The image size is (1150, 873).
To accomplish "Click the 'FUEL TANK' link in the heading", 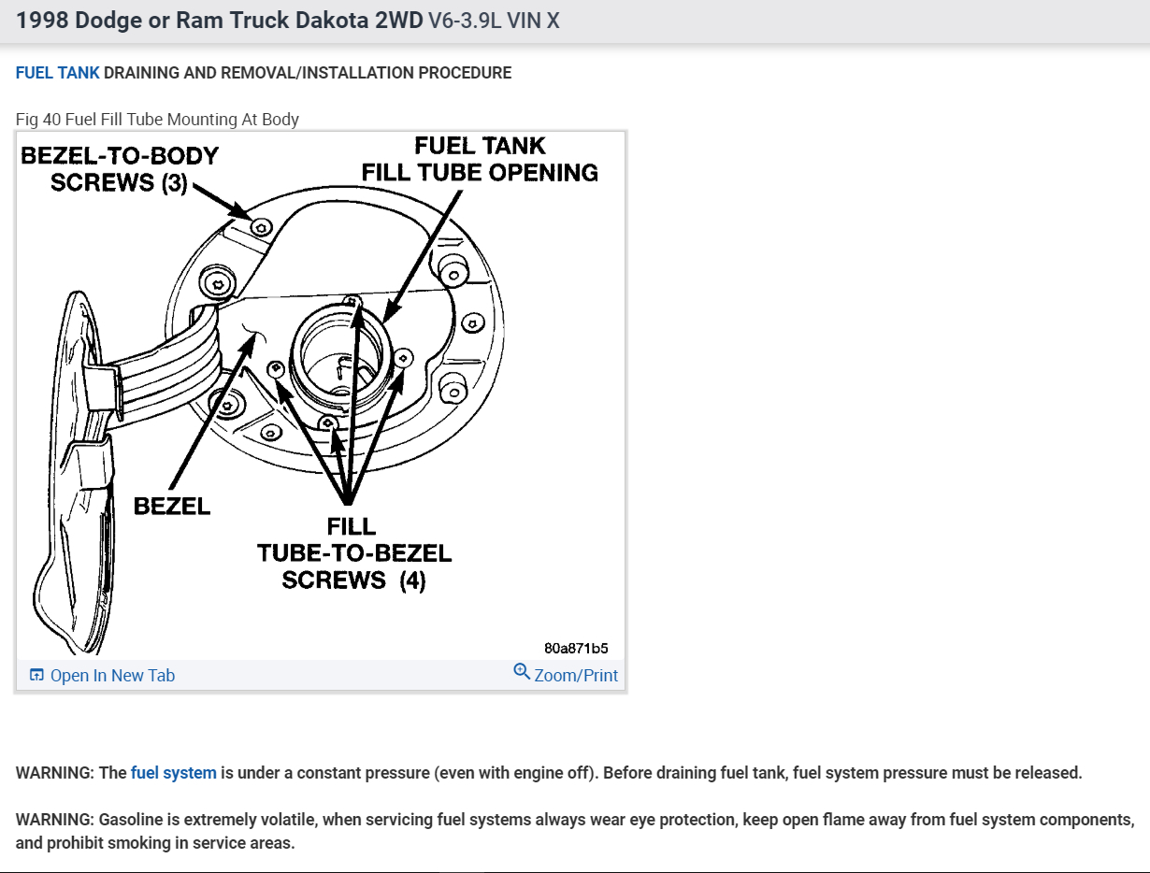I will pyautogui.click(x=57, y=73).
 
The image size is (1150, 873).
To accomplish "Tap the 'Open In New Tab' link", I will pyautogui.click(x=112, y=676).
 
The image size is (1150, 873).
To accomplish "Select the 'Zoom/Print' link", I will pyautogui.click(x=576, y=675).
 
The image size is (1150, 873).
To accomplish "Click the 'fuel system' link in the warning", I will pyautogui.click(x=173, y=773).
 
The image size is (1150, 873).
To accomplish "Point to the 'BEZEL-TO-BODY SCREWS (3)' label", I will pyautogui.click(x=120, y=169).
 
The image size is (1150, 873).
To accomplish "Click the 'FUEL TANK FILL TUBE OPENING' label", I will pyautogui.click(x=480, y=160).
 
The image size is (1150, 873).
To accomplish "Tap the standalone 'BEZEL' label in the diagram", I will pyautogui.click(x=172, y=507).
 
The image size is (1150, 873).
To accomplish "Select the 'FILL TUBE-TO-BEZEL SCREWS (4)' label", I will pyautogui.click(x=354, y=553).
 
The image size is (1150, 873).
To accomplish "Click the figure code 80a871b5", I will pyautogui.click(x=577, y=648).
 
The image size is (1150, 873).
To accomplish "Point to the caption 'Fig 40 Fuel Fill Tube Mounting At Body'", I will pyautogui.click(x=157, y=120).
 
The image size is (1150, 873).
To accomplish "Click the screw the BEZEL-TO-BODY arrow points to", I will pyautogui.click(x=262, y=226).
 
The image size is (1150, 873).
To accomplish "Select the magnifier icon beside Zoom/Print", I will pyautogui.click(x=522, y=672).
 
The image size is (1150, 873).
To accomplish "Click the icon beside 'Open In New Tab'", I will pyautogui.click(x=36, y=676).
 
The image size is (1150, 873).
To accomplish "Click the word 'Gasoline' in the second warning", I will pyautogui.click(x=129, y=820).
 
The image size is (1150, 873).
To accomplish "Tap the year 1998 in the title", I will pyautogui.click(x=42, y=21).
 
